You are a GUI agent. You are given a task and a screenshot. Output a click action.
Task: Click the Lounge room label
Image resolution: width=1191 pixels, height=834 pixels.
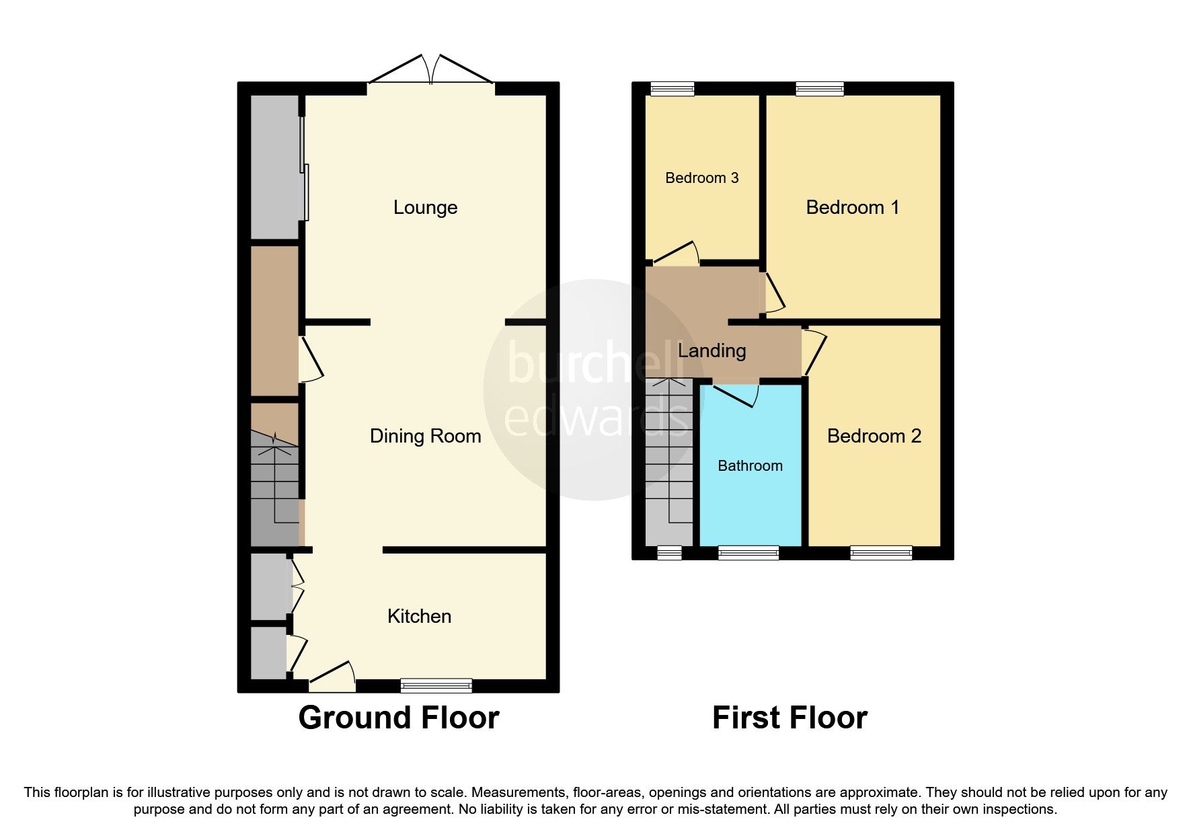point(425,207)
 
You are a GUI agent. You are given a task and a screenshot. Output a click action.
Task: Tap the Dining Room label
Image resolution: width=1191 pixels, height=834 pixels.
point(425,436)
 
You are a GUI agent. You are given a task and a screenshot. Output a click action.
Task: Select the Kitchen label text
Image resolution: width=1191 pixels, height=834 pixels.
point(419,616)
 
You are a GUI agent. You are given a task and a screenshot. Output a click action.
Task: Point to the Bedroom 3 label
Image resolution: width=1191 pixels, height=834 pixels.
point(701,178)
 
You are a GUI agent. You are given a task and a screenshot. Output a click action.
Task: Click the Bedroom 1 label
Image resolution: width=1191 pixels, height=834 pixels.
point(852,207)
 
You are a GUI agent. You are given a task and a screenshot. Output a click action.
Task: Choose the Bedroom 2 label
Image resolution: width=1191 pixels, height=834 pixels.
point(874,436)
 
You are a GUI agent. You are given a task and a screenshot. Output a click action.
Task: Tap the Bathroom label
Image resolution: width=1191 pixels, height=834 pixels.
point(750,465)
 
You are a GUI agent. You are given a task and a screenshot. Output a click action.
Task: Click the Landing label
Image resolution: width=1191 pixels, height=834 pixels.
point(712,350)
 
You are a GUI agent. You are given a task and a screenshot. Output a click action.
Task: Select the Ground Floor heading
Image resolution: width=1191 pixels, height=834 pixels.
point(398,718)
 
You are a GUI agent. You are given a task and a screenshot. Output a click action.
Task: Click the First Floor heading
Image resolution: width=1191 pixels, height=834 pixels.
point(790,718)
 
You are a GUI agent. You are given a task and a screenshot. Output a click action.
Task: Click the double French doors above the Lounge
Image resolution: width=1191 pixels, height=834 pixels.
point(430,71)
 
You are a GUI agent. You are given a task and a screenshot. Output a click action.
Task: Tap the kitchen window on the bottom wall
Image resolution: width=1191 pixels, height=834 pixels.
point(436,685)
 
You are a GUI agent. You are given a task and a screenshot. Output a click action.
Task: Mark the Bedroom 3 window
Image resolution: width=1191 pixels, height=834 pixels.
point(672,88)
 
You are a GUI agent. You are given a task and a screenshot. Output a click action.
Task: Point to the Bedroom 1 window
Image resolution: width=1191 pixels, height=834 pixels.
point(819,88)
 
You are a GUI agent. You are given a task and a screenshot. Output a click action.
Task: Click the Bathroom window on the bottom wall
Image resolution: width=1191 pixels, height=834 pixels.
point(748,553)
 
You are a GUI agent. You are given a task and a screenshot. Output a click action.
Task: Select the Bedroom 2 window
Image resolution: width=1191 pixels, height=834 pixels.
point(881,553)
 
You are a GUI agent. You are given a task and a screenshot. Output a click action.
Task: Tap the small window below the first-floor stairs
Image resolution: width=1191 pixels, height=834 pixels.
point(668,553)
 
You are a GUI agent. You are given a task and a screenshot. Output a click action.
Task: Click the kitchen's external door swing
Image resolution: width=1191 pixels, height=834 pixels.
point(334,675)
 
